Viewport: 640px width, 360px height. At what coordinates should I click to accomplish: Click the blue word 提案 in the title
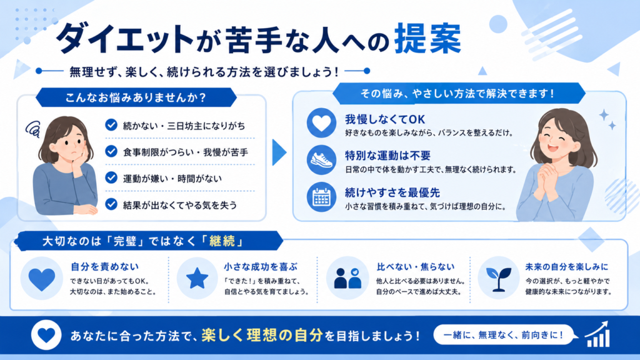tap(427, 39)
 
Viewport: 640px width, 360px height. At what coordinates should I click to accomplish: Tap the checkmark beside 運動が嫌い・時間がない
tap(111, 177)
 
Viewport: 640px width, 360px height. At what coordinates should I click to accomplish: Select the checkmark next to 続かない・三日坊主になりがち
tap(111, 125)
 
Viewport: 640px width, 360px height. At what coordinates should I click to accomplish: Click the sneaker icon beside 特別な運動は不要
tap(322, 160)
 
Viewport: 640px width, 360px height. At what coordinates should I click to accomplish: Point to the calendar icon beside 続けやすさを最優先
tap(322, 197)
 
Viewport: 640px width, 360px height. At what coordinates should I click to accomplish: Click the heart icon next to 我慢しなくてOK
tap(322, 123)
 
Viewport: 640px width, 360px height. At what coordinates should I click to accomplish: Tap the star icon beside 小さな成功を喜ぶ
tap(197, 278)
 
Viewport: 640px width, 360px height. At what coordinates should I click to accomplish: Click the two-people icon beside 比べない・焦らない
tap(347, 278)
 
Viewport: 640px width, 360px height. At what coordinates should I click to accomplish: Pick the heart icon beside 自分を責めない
tap(42, 279)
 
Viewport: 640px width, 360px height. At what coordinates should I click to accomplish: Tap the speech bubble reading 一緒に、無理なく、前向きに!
tap(505, 335)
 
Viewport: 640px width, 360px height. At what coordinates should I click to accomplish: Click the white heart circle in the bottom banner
tap(46, 335)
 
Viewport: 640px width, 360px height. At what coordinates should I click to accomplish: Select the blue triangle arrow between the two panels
tap(279, 152)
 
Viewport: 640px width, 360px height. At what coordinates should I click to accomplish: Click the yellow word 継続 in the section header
tap(222, 241)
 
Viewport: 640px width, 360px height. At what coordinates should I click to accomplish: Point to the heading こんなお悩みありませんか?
tap(136, 97)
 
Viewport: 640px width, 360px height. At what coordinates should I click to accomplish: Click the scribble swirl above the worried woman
tap(32, 129)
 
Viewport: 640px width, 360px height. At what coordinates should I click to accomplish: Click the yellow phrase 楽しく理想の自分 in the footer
tap(262, 335)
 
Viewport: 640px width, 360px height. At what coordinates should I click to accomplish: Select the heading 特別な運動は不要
tap(387, 156)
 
